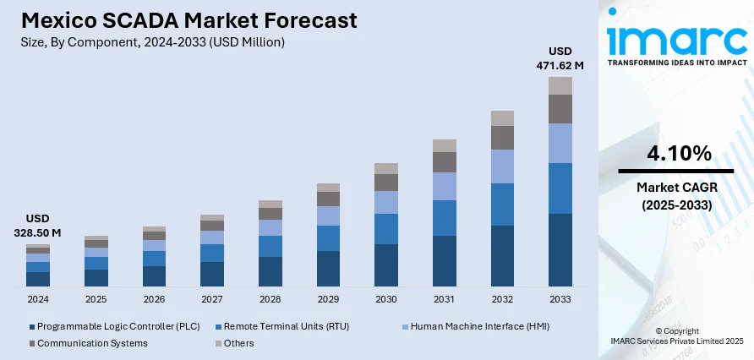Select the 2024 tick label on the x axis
click(x=38, y=300)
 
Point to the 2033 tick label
click(x=560, y=300)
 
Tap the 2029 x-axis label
click(x=328, y=300)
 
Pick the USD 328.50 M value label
click(x=38, y=225)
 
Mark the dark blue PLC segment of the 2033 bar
click(x=560, y=250)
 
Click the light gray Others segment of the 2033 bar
click(x=560, y=85)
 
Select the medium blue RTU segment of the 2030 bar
click(x=386, y=229)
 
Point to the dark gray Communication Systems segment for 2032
click(x=502, y=138)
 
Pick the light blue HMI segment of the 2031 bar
click(x=445, y=186)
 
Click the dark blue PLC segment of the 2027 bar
click(x=212, y=274)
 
